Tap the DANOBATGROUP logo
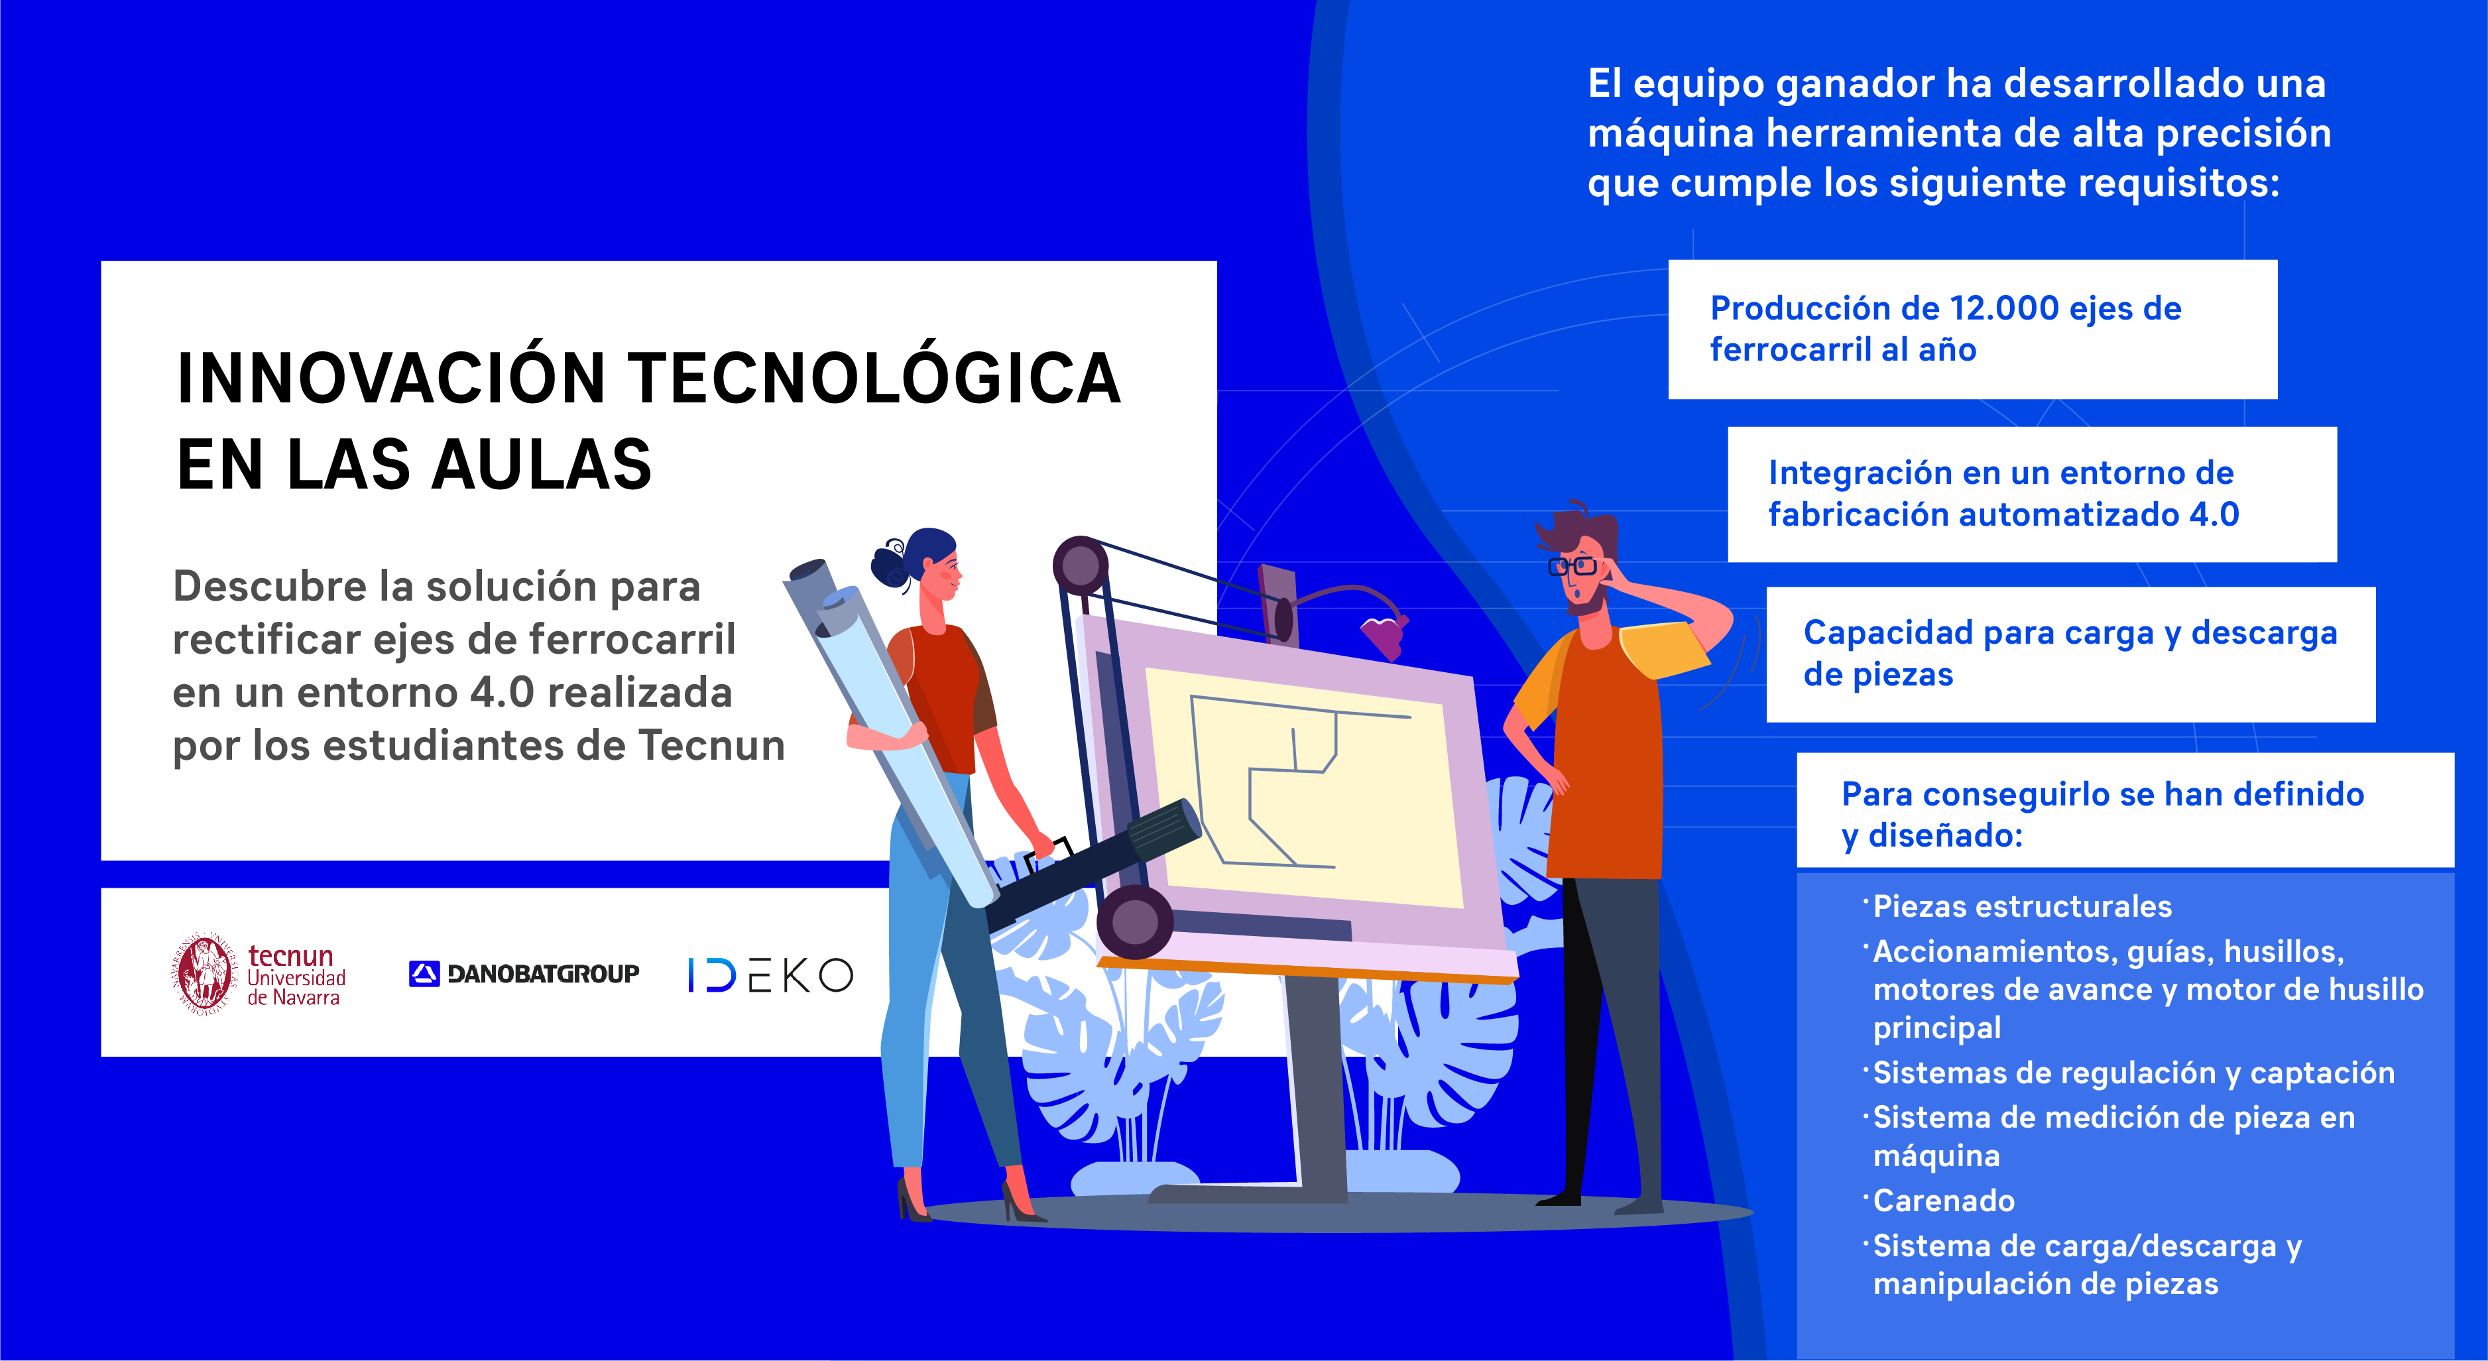(x=524, y=974)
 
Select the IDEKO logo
(x=770, y=975)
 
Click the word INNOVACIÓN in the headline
(x=391, y=379)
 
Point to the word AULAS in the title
(x=541, y=465)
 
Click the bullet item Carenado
(x=1943, y=1201)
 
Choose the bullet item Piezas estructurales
(x=2021, y=907)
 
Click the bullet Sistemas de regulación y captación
(x=2133, y=1073)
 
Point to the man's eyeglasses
(x=1573, y=566)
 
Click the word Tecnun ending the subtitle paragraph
(x=712, y=746)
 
